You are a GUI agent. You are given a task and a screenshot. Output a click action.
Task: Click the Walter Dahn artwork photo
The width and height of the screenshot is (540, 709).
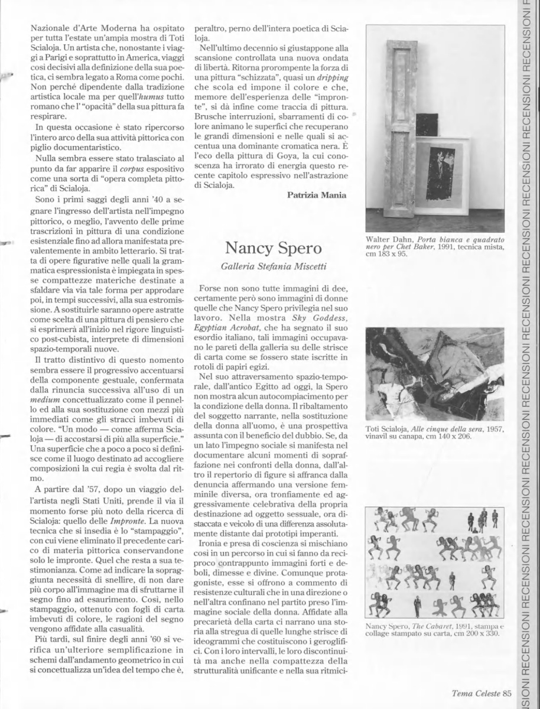[435, 128]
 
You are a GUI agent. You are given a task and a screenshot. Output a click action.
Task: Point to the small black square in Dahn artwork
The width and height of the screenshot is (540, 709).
[427, 124]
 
